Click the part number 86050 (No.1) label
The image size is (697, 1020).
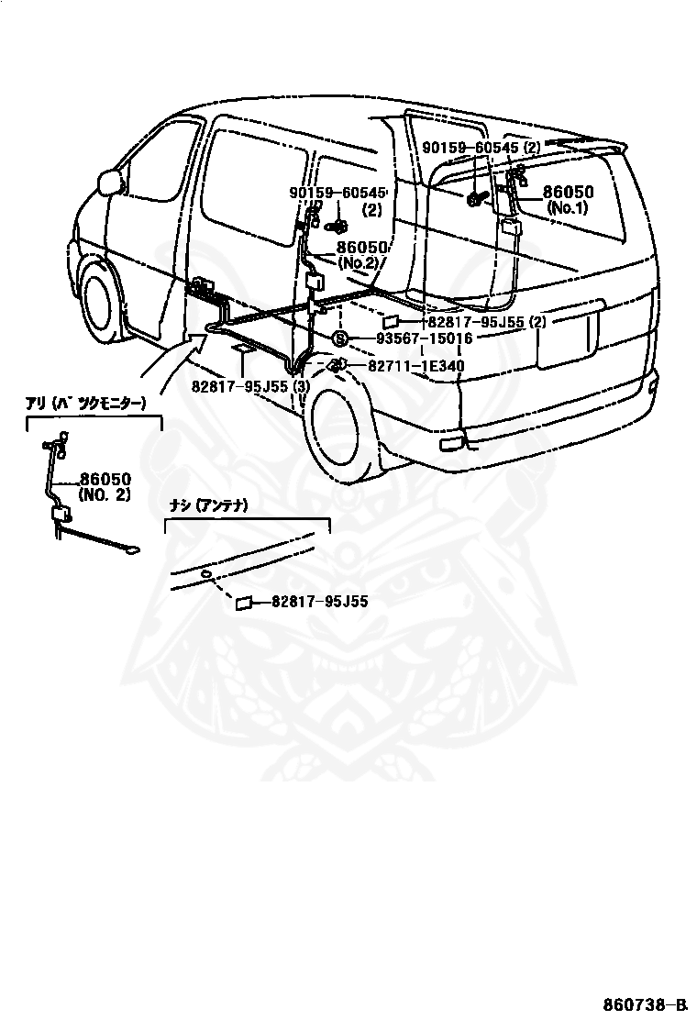point(568,200)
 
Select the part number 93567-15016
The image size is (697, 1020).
point(425,338)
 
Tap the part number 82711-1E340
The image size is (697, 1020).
point(415,366)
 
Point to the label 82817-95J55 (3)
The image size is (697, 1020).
point(250,386)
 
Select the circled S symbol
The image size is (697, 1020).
point(340,338)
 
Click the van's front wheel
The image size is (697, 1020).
point(100,301)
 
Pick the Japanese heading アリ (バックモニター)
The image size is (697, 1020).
point(86,404)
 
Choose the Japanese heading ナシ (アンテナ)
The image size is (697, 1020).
point(208,505)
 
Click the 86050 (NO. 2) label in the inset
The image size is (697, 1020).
point(105,486)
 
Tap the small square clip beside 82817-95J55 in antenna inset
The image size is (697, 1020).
point(244,604)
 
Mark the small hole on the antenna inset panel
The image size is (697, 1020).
point(205,573)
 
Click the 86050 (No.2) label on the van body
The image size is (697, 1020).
point(362,255)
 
